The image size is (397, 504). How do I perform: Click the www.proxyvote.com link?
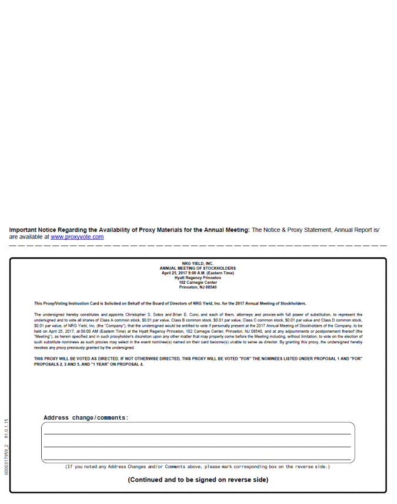77,237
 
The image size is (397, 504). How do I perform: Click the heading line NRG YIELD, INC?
198,264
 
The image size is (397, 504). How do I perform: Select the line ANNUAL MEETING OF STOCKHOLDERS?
198,268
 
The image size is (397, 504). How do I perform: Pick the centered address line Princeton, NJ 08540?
198,287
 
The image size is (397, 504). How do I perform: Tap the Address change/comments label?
86,418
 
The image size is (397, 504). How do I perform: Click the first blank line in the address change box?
198,433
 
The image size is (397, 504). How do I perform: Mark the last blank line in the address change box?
198,459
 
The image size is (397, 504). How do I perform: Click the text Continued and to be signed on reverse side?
198,480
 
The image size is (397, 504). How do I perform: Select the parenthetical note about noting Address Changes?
198,467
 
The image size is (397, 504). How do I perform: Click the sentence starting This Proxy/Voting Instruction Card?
170,303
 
